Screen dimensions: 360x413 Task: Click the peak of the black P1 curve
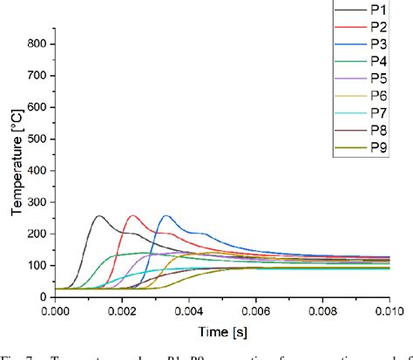coord(99,216)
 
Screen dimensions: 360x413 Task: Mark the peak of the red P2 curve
coord(132,216)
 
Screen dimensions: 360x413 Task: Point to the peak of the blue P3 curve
coord(166,216)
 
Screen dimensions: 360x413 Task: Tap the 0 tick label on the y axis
coord(42,296)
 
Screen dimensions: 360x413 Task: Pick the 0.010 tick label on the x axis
coord(388,309)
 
